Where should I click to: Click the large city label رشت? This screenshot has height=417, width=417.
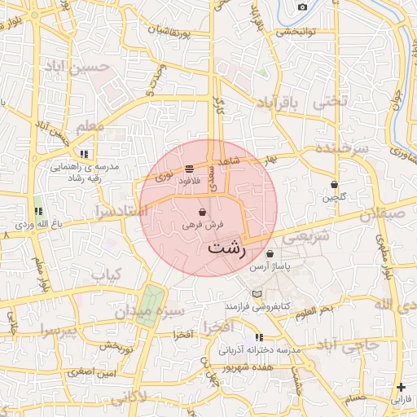pyautogui.click(x=226, y=248)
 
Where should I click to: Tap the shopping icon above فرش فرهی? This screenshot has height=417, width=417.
pyautogui.click(x=201, y=212)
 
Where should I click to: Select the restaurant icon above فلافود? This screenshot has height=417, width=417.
pyautogui.click(x=189, y=169)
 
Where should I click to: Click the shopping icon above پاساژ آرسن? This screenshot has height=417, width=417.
pyautogui.click(x=270, y=254)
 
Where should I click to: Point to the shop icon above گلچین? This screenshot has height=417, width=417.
pyautogui.click(x=334, y=184)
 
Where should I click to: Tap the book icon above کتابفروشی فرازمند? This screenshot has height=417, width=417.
pyautogui.click(x=257, y=294)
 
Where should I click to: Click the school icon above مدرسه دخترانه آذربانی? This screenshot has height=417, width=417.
pyautogui.click(x=259, y=337)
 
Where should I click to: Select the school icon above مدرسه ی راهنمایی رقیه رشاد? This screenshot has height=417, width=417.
pyautogui.click(x=84, y=153)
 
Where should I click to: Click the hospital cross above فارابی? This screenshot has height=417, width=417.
pyautogui.click(x=400, y=387)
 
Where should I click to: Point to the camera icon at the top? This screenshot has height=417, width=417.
pyautogui.click(x=302, y=7)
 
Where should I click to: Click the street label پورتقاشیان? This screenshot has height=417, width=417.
pyautogui.click(x=180, y=34)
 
